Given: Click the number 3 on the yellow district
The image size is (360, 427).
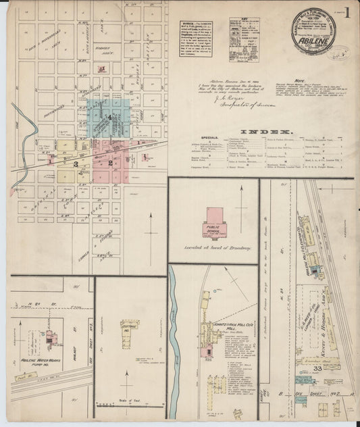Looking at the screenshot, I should click(x=76, y=164).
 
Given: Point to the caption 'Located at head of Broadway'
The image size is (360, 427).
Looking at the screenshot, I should click(x=213, y=248).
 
